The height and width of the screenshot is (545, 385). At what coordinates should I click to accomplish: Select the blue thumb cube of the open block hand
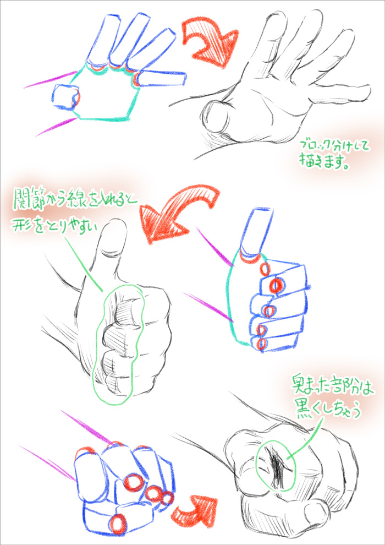(x=65, y=97)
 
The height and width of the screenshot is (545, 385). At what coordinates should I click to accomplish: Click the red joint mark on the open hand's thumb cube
(x=76, y=97)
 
